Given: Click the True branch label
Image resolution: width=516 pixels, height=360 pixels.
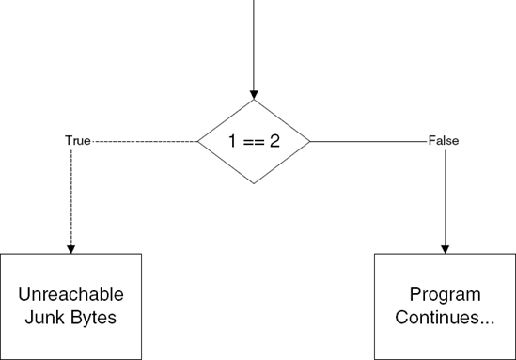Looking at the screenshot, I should pos(77,141).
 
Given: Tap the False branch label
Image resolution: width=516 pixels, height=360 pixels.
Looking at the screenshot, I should pos(443,141).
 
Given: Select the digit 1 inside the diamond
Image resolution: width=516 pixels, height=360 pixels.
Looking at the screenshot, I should pos(233,142).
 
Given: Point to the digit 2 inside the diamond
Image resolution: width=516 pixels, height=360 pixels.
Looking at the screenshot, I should pos(276,142).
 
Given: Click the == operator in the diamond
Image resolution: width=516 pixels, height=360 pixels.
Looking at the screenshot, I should pos(254,142).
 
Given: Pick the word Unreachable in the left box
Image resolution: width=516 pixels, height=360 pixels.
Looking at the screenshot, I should pos(71,294).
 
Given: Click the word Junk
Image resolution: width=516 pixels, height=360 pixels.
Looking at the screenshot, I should pos(45,317).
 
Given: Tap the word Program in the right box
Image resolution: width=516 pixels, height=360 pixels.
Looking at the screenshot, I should pos(445,294).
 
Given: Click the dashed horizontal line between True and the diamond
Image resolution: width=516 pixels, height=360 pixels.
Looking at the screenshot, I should pos(145,141).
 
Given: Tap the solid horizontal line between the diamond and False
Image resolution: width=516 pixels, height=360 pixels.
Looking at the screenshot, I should pos(367,141).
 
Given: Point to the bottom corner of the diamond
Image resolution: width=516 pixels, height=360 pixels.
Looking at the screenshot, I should pos(254,184).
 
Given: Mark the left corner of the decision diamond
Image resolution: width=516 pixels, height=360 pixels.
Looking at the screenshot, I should pos(198,141).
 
